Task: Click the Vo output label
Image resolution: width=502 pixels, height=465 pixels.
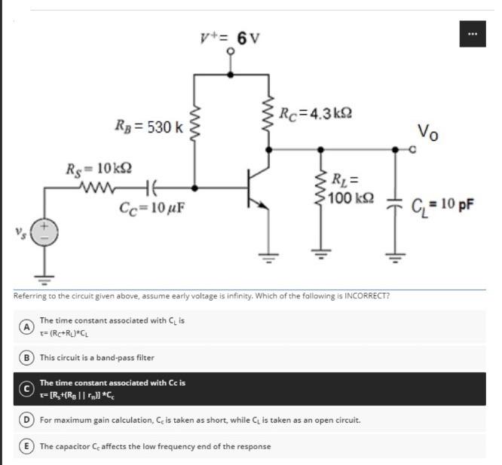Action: pos(426,136)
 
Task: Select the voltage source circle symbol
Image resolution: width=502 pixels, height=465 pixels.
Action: pos(43,231)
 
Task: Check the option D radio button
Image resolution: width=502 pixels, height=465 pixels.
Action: pos(26,418)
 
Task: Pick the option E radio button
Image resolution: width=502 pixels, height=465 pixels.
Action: pos(26,446)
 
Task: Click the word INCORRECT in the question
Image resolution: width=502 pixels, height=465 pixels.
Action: pos(366,295)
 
